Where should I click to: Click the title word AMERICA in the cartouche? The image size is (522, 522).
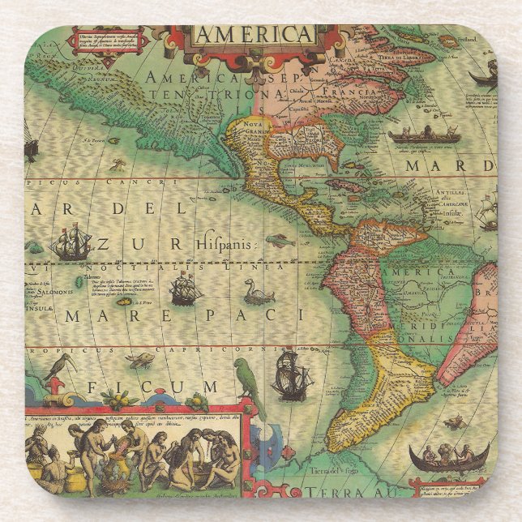[253, 35]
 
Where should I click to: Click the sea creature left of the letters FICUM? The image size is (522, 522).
[140, 359]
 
